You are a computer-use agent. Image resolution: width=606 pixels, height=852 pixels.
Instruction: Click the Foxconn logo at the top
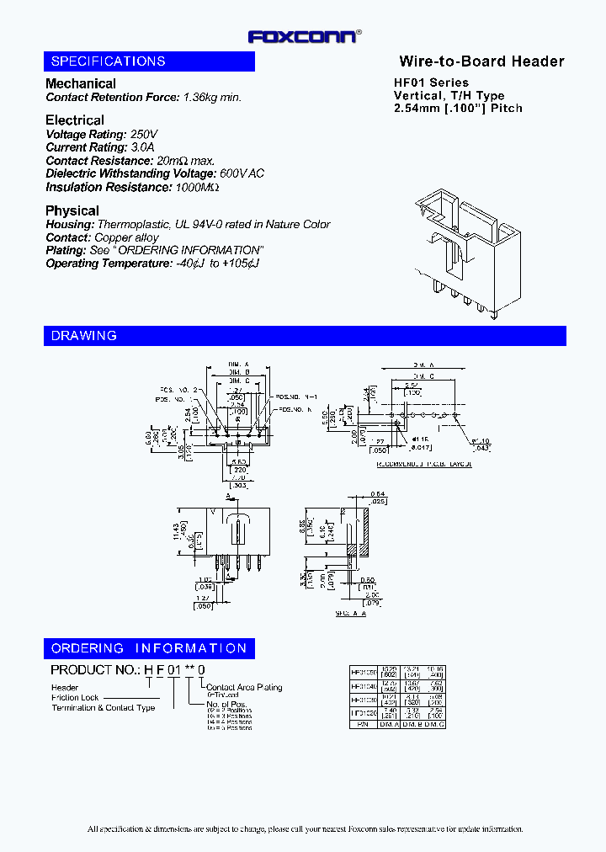[305, 36]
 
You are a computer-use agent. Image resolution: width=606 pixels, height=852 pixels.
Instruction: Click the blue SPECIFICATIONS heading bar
[150, 61]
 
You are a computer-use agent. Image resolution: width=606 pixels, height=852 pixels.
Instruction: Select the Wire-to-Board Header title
[481, 61]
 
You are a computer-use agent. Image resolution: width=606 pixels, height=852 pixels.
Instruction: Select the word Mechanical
[81, 83]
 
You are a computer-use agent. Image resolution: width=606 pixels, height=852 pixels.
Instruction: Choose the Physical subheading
[72, 210]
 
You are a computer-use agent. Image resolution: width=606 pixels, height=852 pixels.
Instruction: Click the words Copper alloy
[126, 237]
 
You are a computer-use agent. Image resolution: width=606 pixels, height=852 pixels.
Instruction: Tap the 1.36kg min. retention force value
[212, 97]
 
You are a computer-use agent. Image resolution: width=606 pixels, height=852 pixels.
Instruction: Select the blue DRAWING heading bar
[305, 336]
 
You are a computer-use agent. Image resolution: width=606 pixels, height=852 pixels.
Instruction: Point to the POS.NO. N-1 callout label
[295, 396]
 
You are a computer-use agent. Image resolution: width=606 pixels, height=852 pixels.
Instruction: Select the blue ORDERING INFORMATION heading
[150, 648]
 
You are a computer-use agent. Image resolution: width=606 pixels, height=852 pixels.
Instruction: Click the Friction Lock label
[76, 698]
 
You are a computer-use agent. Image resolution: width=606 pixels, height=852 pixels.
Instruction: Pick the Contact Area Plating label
[244, 688]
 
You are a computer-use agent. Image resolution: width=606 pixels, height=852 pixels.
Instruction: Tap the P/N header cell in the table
[363, 723]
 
